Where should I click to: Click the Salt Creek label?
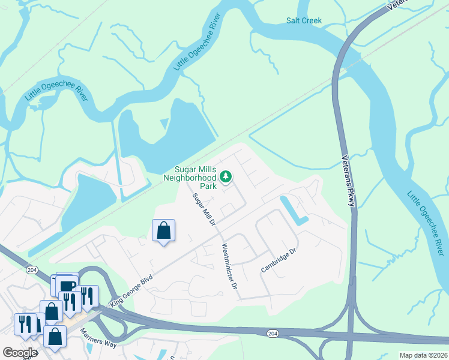click(304, 20)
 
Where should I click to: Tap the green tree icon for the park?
click(226, 176)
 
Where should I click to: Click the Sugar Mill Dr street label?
click(203, 210)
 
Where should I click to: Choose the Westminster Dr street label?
click(230, 265)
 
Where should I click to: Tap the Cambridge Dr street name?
click(279, 260)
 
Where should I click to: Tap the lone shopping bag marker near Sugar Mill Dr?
click(163, 230)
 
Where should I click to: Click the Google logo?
click(20, 353)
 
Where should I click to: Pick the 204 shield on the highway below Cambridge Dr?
click(273, 332)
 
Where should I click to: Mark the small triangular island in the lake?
click(164, 124)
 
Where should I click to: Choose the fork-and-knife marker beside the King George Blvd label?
click(88, 295)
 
